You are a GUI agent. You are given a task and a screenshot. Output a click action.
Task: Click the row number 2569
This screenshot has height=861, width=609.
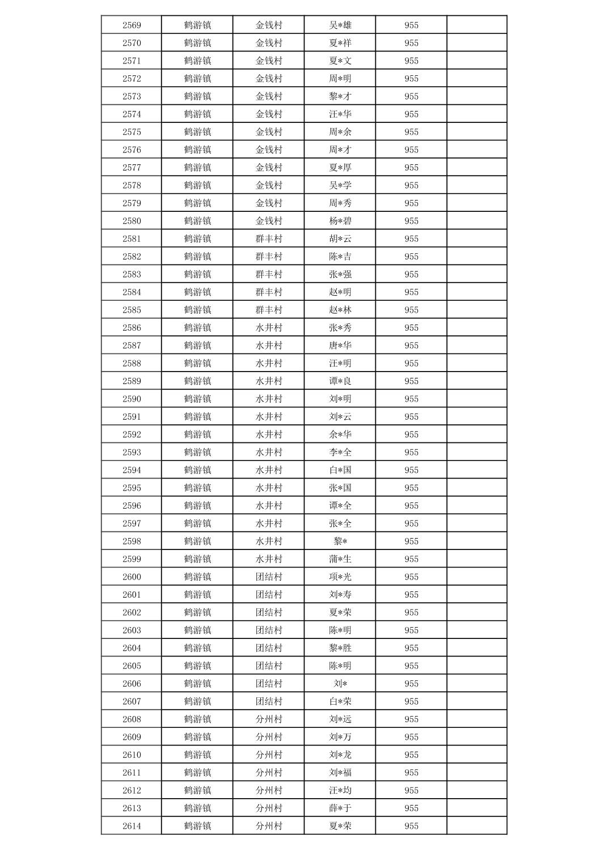[x=132, y=25]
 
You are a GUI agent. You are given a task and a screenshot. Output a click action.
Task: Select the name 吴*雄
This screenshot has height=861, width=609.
[x=340, y=25]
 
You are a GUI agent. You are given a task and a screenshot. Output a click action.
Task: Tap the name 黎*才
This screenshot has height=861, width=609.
[x=340, y=96]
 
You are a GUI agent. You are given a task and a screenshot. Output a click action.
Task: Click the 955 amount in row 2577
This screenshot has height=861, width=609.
[x=411, y=168]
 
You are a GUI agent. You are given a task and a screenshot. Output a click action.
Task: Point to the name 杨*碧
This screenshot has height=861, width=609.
[x=340, y=221]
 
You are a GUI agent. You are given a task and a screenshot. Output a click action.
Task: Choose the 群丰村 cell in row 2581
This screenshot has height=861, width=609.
[x=268, y=238]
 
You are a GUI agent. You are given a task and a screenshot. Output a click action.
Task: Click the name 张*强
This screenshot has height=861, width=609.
[x=340, y=274]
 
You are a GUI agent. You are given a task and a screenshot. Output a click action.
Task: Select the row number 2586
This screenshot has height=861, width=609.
[x=132, y=327]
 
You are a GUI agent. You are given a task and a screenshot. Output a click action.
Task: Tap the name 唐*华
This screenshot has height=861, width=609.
[x=340, y=346]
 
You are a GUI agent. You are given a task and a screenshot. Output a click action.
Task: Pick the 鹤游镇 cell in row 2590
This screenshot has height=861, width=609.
[x=197, y=399]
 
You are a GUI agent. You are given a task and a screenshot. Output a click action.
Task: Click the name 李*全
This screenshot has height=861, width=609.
[x=340, y=452]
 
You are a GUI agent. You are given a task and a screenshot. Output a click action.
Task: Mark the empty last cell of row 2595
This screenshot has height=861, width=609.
[x=476, y=488]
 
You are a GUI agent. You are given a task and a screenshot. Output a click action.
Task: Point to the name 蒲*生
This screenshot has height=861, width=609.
[x=340, y=559]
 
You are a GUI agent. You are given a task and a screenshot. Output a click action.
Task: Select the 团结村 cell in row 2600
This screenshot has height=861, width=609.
[x=268, y=577]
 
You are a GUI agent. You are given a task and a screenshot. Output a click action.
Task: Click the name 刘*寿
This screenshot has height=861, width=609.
[x=340, y=595]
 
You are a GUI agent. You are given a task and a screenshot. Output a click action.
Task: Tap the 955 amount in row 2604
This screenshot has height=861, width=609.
[x=411, y=648]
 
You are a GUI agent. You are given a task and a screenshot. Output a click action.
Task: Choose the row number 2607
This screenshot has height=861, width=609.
[x=132, y=701]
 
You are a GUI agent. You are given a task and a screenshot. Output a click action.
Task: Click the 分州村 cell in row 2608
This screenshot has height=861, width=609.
[x=268, y=719]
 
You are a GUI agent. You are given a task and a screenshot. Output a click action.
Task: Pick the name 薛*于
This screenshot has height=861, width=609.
[x=340, y=808]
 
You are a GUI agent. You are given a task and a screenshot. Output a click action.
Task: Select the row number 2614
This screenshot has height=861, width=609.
[x=132, y=826]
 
